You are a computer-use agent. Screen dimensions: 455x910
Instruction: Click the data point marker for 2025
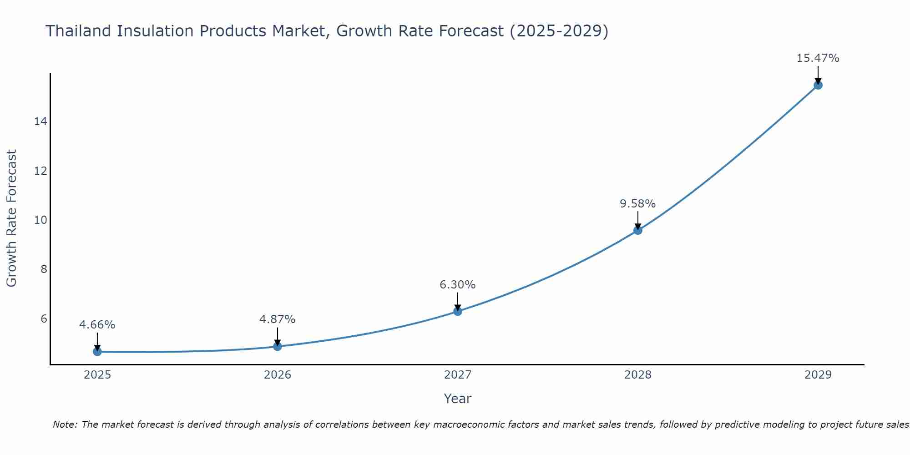(x=97, y=352)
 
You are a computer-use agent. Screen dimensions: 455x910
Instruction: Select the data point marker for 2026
(x=278, y=347)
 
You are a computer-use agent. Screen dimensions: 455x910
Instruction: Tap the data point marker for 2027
(x=458, y=311)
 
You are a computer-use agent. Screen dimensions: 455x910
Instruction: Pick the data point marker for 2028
(x=638, y=230)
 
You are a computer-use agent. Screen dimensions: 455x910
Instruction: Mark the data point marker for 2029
(x=818, y=85)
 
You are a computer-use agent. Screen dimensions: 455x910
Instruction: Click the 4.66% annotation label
(x=97, y=325)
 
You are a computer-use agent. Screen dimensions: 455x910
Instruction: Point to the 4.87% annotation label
(x=278, y=319)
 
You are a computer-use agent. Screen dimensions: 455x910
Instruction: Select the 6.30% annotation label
(x=458, y=285)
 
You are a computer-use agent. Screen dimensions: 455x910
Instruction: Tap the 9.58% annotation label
(x=638, y=204)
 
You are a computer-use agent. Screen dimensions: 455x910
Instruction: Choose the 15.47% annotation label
(x=818, y=58)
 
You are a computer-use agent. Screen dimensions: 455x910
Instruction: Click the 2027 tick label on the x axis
(x=458, y=375)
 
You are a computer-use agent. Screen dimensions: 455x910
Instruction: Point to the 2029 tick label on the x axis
(x=818, y=375)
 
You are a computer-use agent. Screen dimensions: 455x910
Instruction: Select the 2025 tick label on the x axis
(x=97, y=375)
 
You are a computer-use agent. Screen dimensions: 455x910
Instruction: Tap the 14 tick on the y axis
(x=40, y=121)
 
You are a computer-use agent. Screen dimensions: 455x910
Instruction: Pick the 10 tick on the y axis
(x=40, y=220)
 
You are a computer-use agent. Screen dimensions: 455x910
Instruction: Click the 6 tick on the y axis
(x=44, y=318)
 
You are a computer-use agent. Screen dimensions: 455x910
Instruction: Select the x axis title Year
(x=458, y=399)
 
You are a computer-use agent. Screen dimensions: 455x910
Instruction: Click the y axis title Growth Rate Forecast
(x=11, y=218)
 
